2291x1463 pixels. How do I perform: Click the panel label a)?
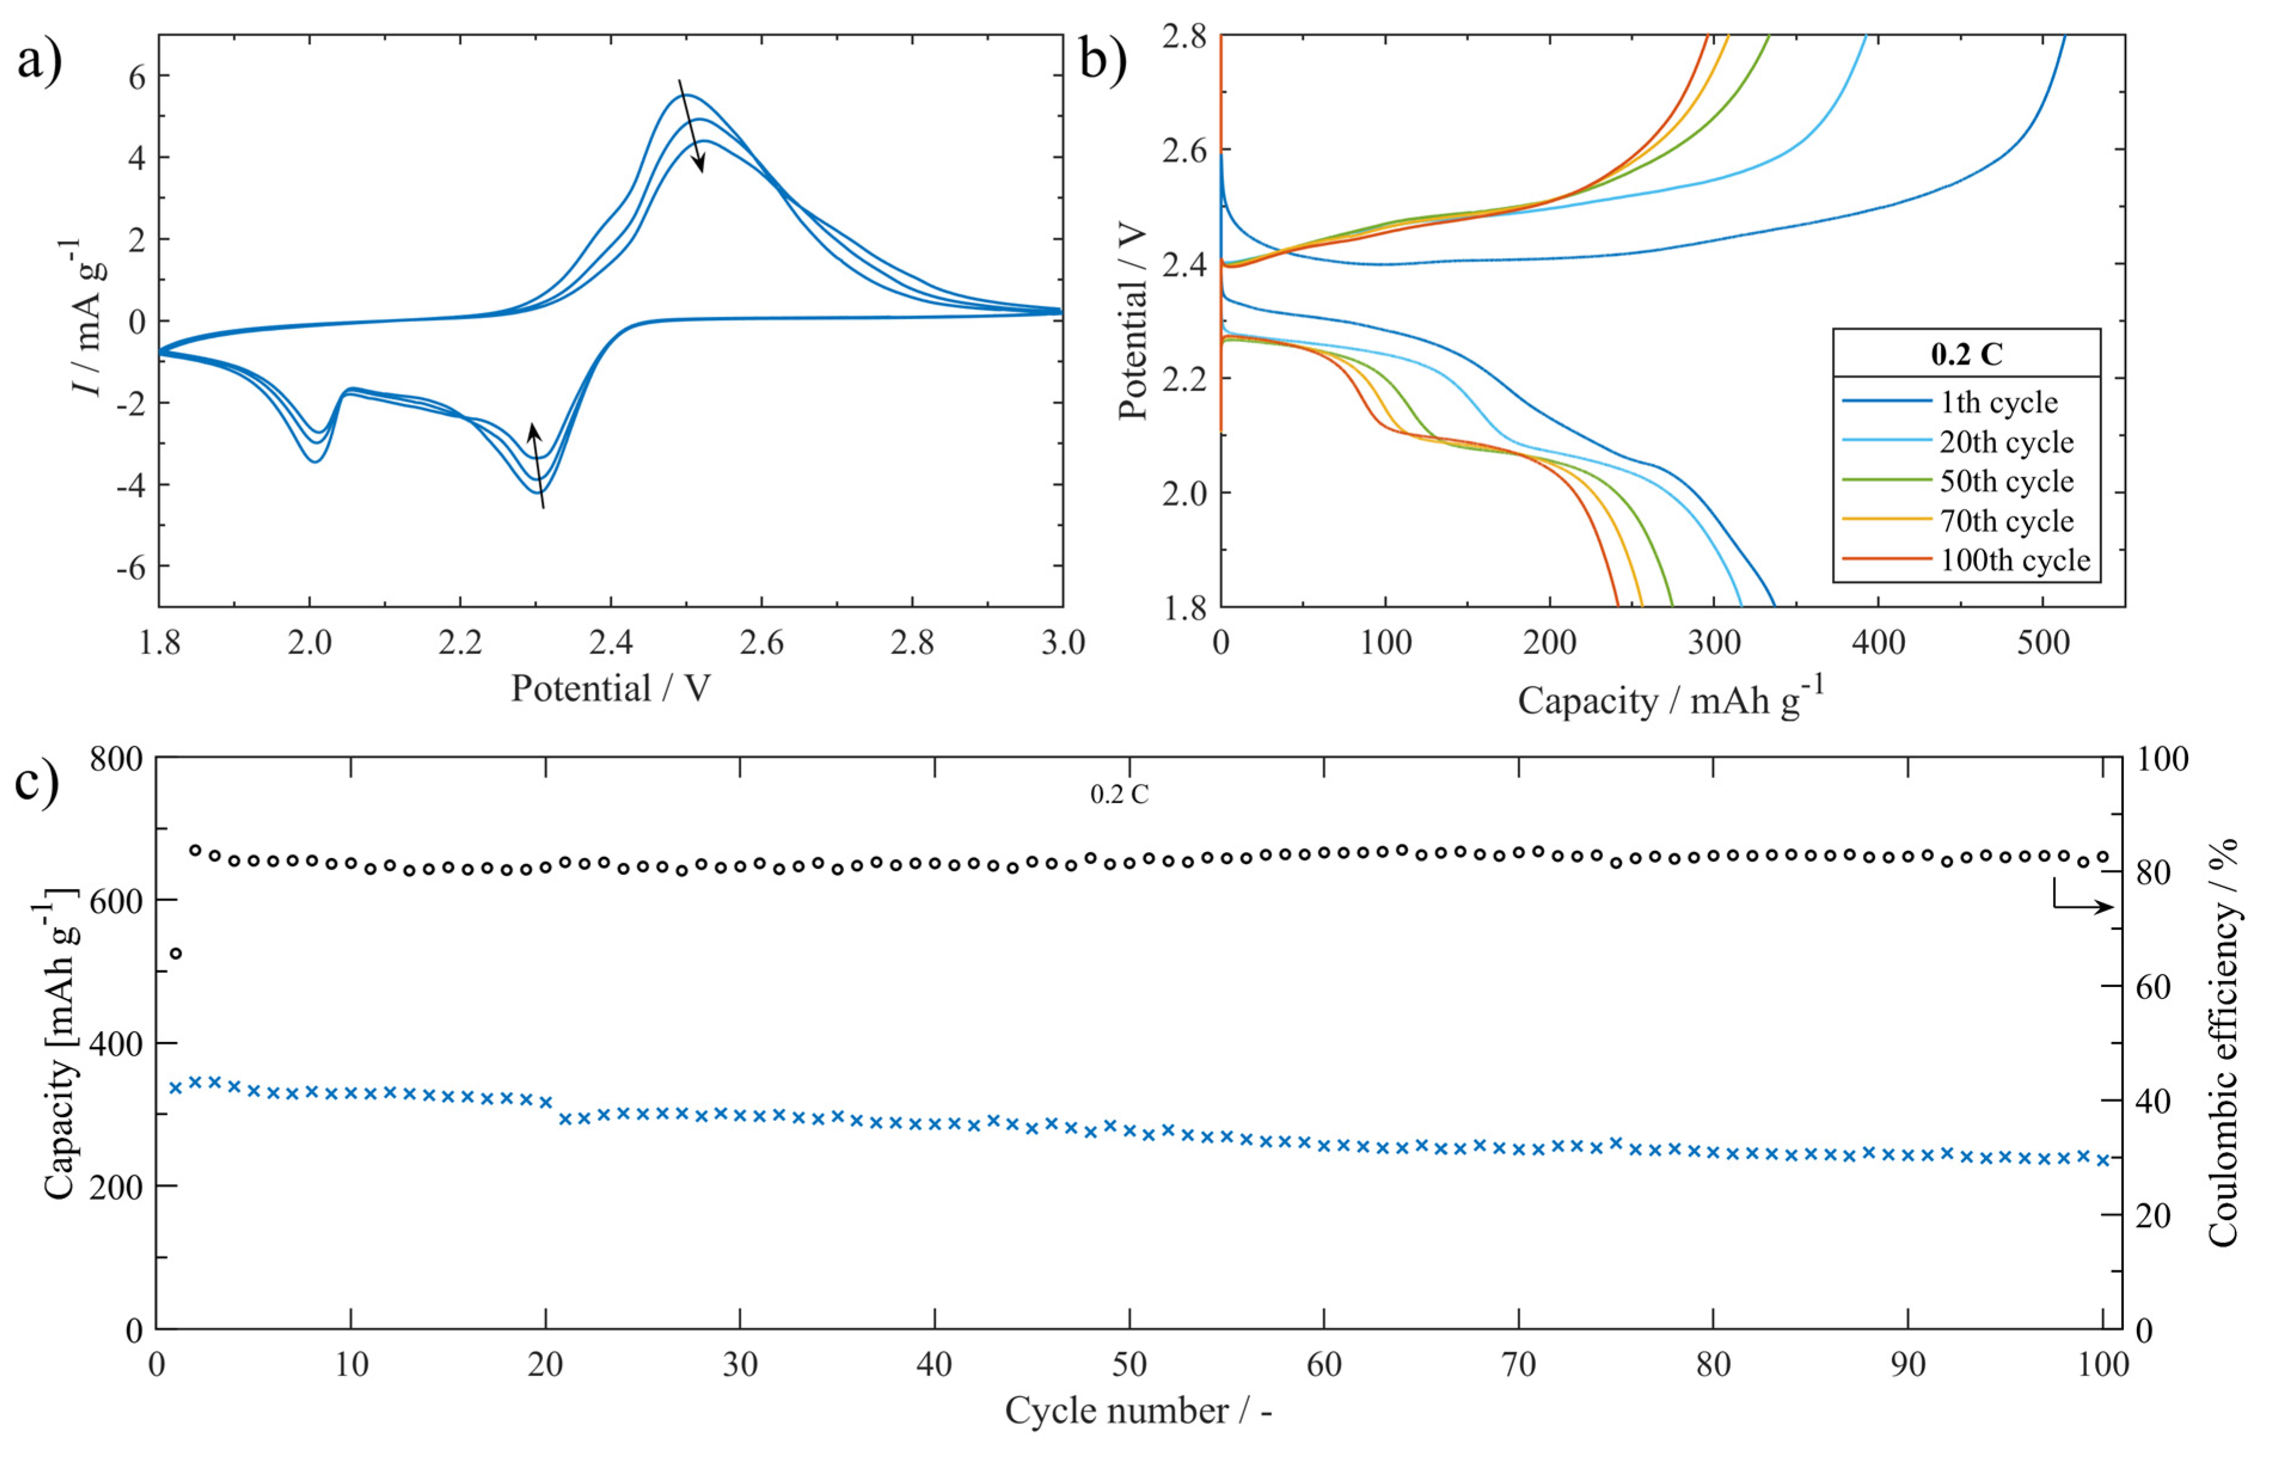tap(40, 63)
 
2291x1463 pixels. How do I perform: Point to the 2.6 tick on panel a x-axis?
tap(761, 643)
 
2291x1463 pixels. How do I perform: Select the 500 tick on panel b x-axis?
tap(2042, 643)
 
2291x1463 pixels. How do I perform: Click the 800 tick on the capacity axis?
tap(116, 759)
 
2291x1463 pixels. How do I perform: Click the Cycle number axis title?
tap(1138, 1410)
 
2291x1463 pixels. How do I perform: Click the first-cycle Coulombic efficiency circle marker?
tap(175, 953)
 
